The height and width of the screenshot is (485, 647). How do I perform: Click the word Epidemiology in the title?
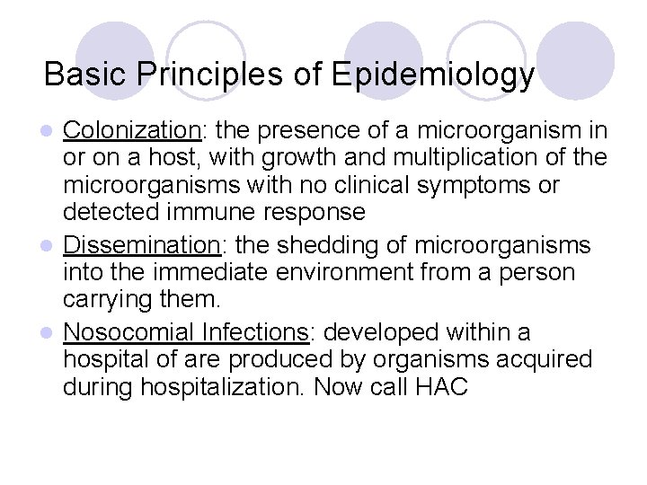[x=433, y=75]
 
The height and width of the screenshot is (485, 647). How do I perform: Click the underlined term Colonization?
[x=133, y=131]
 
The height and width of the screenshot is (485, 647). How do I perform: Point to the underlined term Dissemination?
[x=141, y=245]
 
